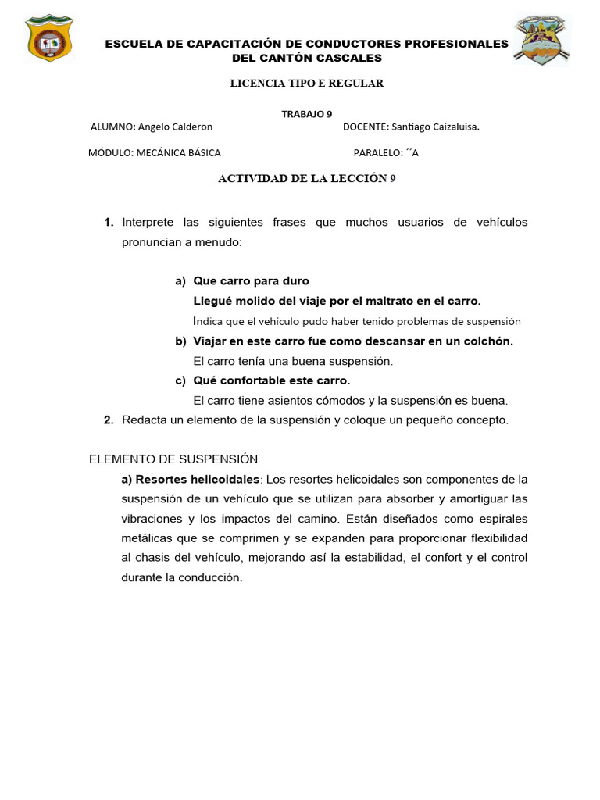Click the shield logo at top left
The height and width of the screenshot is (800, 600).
click(x=48, y=37)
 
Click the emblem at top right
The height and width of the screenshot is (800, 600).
click(x=541, y=39)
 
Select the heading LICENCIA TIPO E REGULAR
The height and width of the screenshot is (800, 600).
click(x=306, y=84)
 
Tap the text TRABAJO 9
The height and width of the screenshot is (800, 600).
click(x=306, y=113)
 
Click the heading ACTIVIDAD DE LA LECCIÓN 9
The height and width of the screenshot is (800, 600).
click(x=306, y=178)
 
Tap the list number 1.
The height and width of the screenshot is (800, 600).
click(x=109, y=223)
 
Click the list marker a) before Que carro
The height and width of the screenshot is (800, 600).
click(x=180, y=280)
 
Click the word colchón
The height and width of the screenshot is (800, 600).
click(x=487, y=341)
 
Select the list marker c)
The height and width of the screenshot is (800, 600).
click(x=180, y=380)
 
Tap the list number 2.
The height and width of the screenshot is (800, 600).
click(x=109, y=420)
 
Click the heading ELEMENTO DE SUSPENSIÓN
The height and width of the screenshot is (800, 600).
click(x=173, y=459)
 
